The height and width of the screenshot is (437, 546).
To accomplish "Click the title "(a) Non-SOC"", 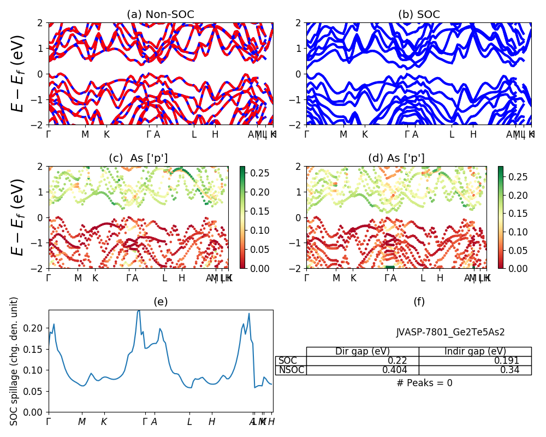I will click(x=161, y=15).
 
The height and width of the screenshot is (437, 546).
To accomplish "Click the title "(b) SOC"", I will click(x=419, y=15).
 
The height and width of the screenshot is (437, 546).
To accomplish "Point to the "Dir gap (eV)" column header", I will click(x=363, y=351).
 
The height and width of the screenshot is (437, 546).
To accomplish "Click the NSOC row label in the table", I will click(x=290, y=370).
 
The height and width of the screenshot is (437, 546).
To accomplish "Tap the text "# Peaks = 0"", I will click(x=424, y=383).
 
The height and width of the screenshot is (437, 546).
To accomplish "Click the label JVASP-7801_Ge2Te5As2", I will click(x=450, y=332).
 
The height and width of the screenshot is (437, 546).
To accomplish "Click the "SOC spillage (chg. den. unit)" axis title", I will click(x=15, y=361).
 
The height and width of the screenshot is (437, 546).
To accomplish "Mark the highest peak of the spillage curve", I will click(x=139, y=310).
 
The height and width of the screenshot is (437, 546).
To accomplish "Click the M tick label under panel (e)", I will click(x=82, y=422).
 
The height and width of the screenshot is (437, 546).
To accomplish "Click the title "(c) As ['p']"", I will click(x=138, y=158).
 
